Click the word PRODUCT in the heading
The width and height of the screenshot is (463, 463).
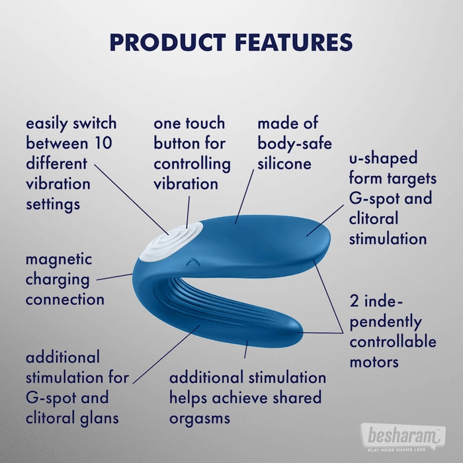click(168, 42)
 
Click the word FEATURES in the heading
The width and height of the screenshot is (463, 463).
click(294, 42)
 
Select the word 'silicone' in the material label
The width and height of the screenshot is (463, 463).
click(284, 163)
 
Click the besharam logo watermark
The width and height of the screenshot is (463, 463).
click(403, 437)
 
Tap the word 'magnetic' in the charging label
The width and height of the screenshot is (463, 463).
click(59, 260)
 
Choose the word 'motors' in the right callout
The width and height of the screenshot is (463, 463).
click(374, 362)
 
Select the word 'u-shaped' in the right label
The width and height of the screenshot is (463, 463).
click(383, 158)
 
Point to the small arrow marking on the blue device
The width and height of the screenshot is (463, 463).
click(193, 262)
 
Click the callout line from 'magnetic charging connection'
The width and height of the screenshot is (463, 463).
click(115, 276)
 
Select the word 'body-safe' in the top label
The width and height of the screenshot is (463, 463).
click(295, 144)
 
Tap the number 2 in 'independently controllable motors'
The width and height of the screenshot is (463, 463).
click(355, 301)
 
